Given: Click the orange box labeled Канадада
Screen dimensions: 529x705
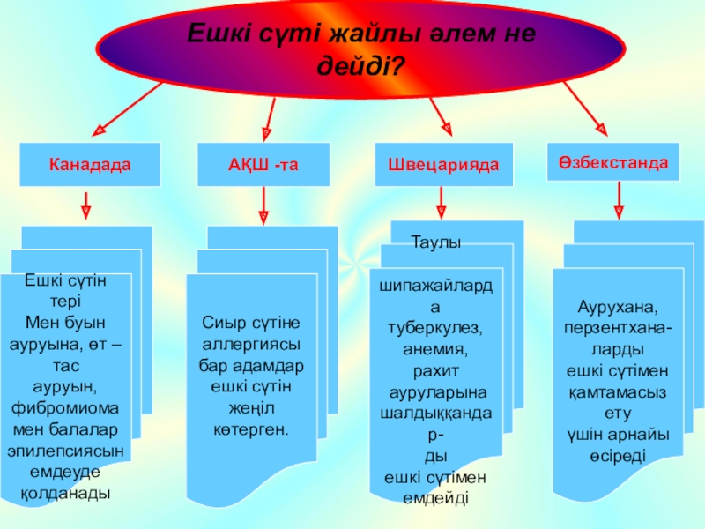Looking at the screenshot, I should click(90, 165).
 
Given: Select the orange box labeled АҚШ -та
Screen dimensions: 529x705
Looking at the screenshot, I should click(263, 165).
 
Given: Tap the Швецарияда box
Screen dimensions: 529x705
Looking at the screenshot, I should click(443, 165).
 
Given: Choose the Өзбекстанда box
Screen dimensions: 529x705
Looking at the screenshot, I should click(612, 163).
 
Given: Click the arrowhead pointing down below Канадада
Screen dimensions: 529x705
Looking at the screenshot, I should click(85, 212).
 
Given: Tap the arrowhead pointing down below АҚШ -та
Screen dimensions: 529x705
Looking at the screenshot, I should click(263, 213).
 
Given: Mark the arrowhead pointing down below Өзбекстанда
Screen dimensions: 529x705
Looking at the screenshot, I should click(619, 211).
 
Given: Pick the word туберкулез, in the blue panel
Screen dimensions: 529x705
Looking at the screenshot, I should click(436, 327).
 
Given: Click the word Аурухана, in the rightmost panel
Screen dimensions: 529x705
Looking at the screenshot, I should click(618, 309).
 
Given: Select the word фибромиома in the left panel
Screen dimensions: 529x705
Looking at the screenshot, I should click(66, 407).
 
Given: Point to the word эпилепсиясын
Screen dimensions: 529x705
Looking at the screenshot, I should click(66, 449).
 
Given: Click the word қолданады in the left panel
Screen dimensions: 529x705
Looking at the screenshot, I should click(66, 492).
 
